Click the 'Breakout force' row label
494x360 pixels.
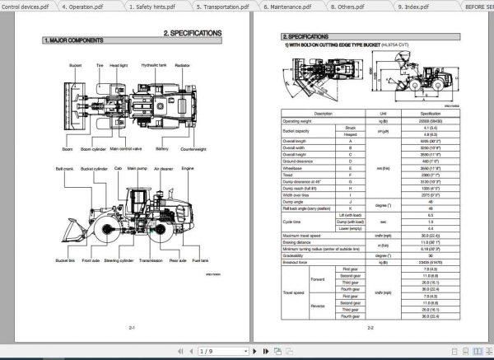click(297, 262)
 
